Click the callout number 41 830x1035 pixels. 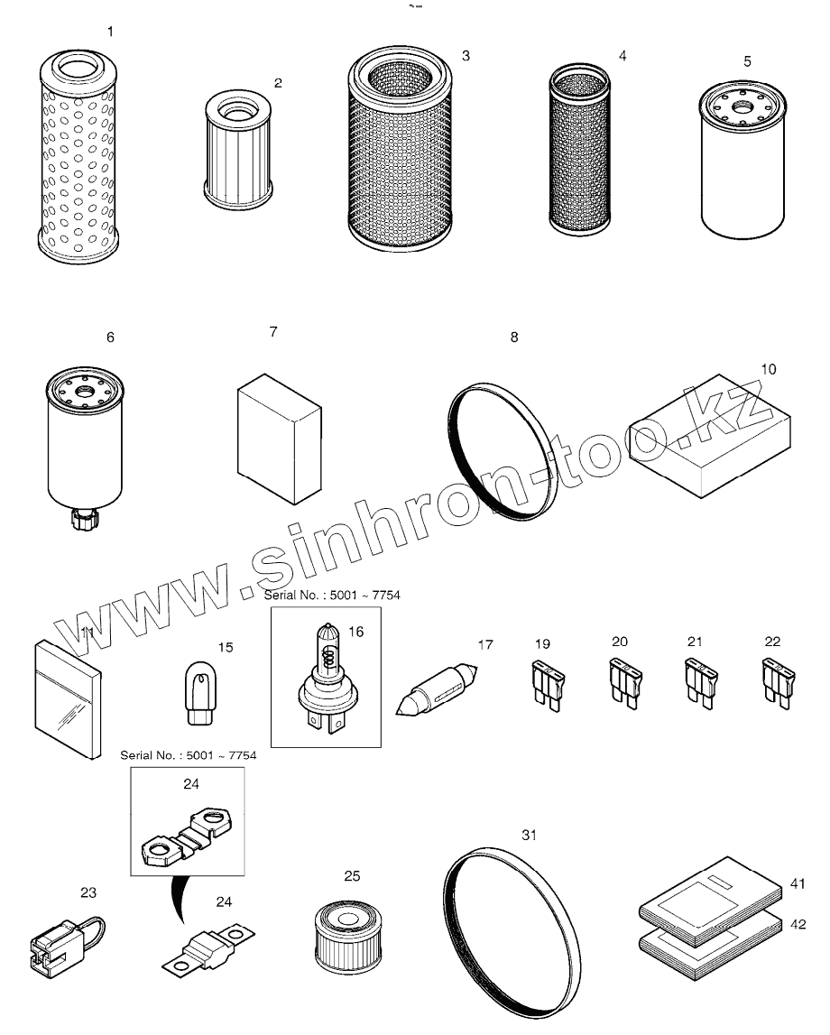[796, 885]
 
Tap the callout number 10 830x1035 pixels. [768, 369]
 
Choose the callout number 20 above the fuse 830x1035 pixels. [619, 642]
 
